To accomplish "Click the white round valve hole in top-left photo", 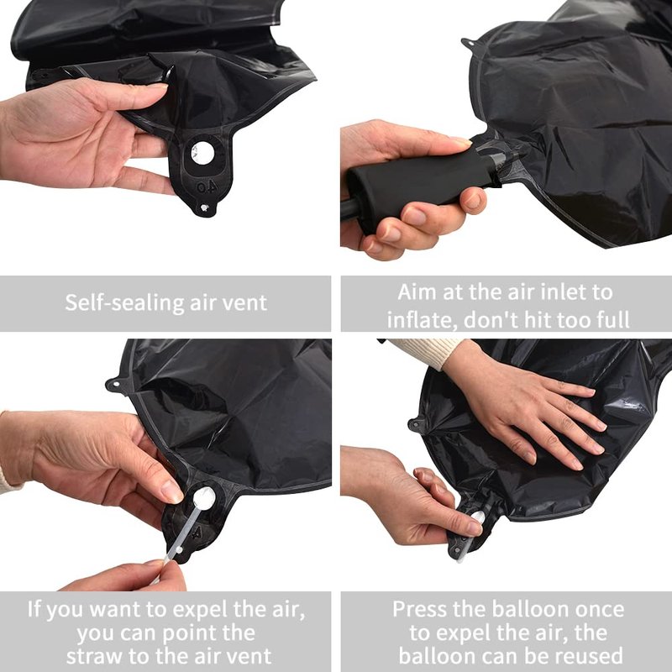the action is (202, 153).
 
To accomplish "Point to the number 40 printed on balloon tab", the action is (207, 186).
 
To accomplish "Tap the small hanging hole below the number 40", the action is (204, 207).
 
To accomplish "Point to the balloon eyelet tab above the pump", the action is (470, 43).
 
